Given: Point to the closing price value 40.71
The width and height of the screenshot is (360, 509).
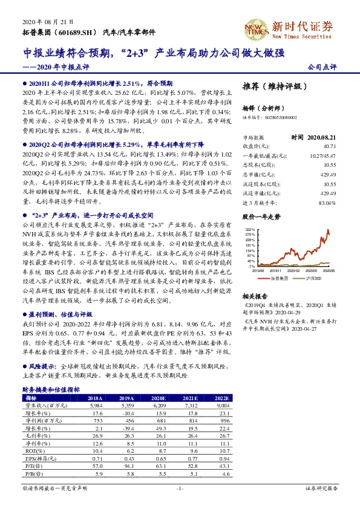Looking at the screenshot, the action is click(x=329, y=146).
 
